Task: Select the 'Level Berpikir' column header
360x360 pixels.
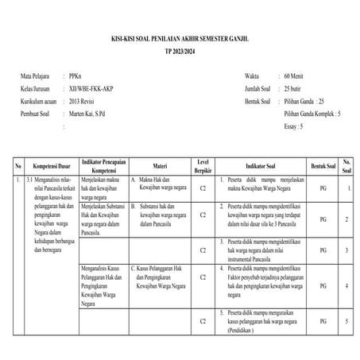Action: tap(203, 167)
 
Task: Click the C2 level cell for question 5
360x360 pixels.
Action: tap(203, 321)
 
